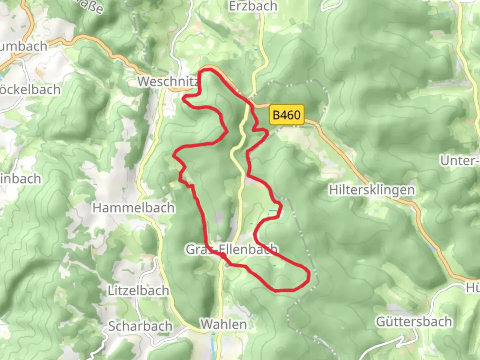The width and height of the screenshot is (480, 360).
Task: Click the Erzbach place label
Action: pyautogui.click(x=253, y=6)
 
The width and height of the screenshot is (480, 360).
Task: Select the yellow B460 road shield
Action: pyautogui.click(x=287, y=115)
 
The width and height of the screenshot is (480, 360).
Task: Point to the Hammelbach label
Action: pyautogui.click(x=133, y=208)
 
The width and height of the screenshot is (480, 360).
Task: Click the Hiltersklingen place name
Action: pyautogui.click(x=372, y=190)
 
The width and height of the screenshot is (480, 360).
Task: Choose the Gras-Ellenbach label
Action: pyautogui.click(x=232, y=249)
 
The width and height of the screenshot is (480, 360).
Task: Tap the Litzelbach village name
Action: pyautogui.click(x=138, y=290)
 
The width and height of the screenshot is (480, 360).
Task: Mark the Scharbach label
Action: pyautogui.click(x=140, y=326)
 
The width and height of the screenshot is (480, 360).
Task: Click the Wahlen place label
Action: pyautogui.click(x=224, y=324)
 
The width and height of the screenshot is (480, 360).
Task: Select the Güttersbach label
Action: pyautogui.click(x=414, y=322)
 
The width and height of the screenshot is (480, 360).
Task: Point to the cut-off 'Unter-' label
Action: pyautogui.click(x=460, y=161)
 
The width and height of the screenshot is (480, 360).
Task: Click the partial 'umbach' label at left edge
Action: pyautogui.click(x=23, y=46)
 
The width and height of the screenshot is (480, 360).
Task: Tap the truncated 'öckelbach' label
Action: pyautogui.click(x=30, y=90)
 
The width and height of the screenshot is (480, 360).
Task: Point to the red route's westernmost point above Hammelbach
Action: pyautogui.click(x=173, y=155)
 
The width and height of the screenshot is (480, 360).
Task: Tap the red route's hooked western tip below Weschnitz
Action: pyautogui.click(x=183, y=98)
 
